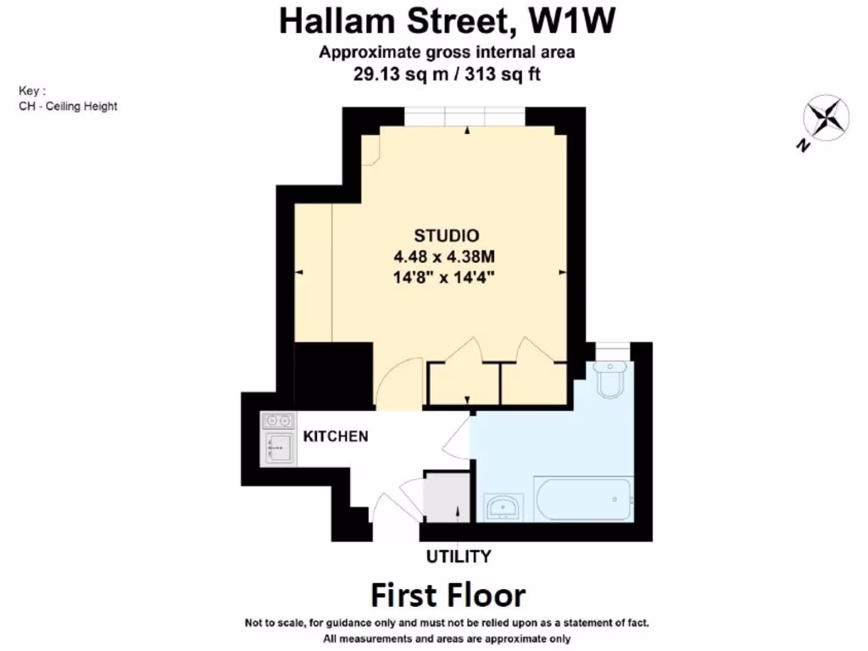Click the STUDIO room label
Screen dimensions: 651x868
[447, 236]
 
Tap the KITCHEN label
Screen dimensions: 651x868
[336, 437]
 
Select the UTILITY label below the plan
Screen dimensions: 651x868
[459, 557]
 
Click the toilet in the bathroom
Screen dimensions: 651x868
[610, 379]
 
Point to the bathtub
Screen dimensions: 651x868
[582, 499]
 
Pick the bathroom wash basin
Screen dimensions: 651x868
[506, 508]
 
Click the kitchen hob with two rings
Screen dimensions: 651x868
[277, 420]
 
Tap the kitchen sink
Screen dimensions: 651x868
[277, 448]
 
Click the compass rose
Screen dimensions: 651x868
[826, 117]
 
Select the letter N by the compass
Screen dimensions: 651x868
[801, 146]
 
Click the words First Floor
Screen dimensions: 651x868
[448, 595]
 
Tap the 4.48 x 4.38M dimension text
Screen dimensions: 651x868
[447, 256]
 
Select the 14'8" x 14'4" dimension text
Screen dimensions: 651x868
[447, 276]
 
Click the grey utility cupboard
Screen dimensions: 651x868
[446, 497]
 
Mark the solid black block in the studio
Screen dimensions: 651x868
[333, 375]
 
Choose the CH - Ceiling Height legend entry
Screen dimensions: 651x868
[68, 106]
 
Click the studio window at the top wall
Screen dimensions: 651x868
[465, 116]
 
